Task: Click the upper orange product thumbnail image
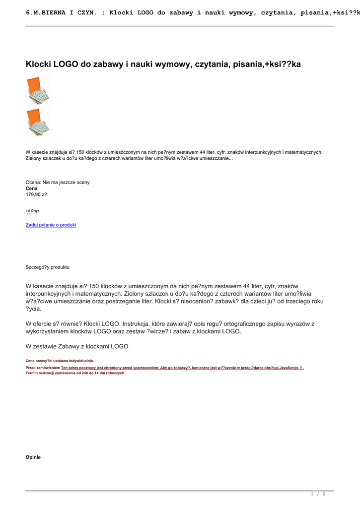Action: pos(38,90)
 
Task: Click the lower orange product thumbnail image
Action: pos(38,123)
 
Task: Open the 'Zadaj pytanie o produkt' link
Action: pos(51,225)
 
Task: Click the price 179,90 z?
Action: pos(36,194)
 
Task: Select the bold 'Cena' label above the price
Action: pos(31,189)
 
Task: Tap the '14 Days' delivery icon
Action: pos(33,211)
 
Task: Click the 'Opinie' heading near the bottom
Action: pos(33,457)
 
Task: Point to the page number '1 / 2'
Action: pos(318,494)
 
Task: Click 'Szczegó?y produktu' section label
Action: pos(48,267)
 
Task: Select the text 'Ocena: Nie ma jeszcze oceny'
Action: pos(58,183)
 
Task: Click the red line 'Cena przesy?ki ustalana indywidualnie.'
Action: pos(60,361)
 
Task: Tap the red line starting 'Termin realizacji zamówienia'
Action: pos(75,373)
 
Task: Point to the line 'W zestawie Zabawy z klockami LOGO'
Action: pos(77,346)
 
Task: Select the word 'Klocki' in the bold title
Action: pos(38,64)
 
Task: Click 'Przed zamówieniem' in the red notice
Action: pos(43,368)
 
